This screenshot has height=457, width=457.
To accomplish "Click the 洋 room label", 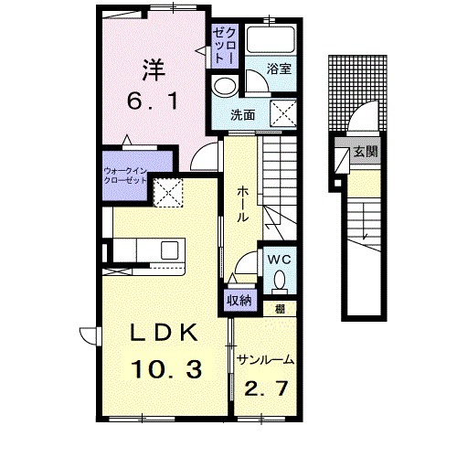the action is [154, 69].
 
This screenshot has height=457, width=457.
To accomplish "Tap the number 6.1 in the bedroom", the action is [153, 101].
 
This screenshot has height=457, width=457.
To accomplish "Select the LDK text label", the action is [164, 333].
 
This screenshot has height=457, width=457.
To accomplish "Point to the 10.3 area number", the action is [166, 369].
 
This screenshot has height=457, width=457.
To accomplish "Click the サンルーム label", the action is [265, 360].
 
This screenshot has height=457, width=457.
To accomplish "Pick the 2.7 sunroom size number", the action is [266, 388].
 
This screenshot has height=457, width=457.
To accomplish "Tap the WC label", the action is [280, 260].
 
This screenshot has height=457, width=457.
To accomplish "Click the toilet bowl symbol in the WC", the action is [280, 280].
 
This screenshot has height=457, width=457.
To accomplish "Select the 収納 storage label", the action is [239, 301].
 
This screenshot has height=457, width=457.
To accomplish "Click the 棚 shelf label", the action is [280, 309].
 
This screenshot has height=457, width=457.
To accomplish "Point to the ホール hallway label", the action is [242, 204].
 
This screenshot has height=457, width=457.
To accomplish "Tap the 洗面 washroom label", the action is [242, 115].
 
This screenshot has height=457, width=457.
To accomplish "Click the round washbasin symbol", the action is [226, 86].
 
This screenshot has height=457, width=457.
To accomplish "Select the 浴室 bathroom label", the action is [279, 69].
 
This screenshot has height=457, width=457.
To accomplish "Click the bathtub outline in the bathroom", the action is [271, 40].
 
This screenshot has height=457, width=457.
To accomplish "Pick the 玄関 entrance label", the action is [366, 151].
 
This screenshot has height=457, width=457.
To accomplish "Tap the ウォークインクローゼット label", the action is [125, 175].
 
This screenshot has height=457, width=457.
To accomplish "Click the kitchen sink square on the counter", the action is [170, 250].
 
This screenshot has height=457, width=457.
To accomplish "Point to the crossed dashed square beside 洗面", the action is [283, 112].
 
